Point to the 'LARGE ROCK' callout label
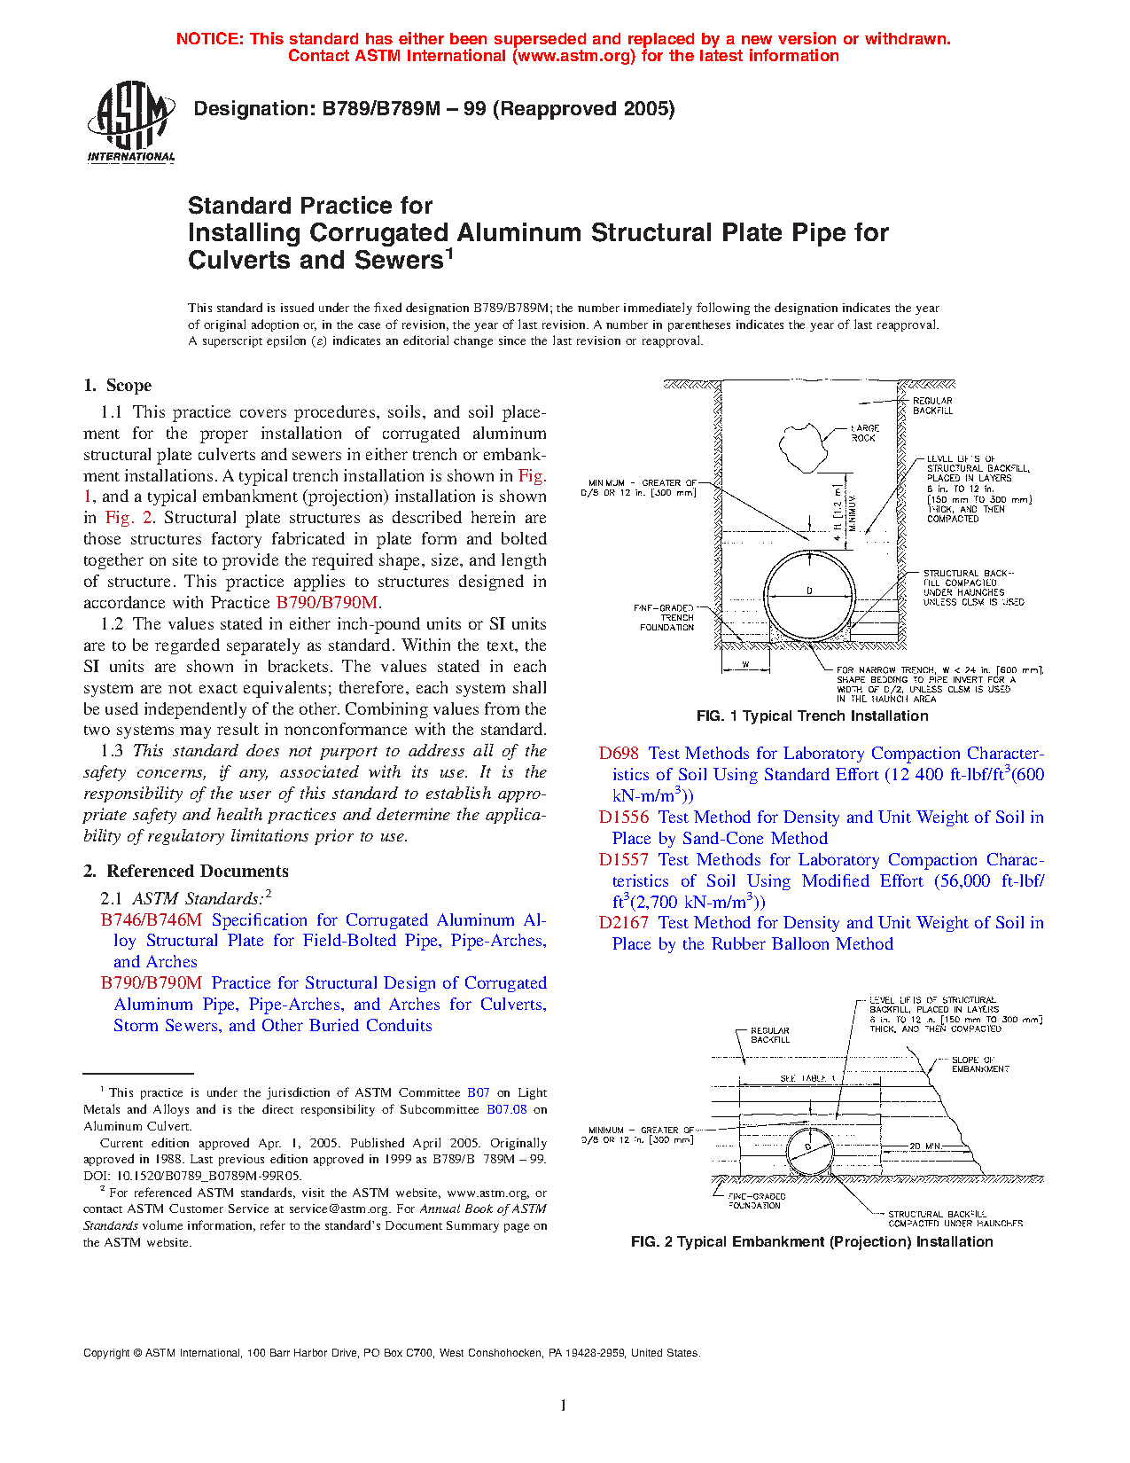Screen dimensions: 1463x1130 click(x=864, y=433)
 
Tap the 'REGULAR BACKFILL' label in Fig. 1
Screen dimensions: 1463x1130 click(x=932, y=405)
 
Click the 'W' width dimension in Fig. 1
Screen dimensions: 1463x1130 click(x=744, y=663)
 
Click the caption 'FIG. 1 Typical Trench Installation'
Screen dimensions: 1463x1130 click(x=812, y=716)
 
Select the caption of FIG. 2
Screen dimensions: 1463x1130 click(x=811, y=1241)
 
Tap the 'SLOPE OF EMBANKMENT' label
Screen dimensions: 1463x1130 click(x=979, y=1064)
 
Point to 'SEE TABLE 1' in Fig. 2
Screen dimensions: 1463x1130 click(x=807, y=1078)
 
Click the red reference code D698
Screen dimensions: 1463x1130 click(x=619, y=753)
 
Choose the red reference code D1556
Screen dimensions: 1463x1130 click(x=623, y=817)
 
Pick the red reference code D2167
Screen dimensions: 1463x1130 click(x=623, y=922)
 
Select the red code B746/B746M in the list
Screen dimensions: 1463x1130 click(x=152, y=919)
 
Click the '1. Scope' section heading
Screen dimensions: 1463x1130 click(x=117, y=385)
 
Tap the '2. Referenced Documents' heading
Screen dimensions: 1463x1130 click(x=185, y=871)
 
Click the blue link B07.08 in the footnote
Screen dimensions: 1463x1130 click(x=506, y=1109)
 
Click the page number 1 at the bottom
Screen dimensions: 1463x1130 click(x=564, y=1404)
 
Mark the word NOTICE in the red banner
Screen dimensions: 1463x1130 click(x=208, y=39)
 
